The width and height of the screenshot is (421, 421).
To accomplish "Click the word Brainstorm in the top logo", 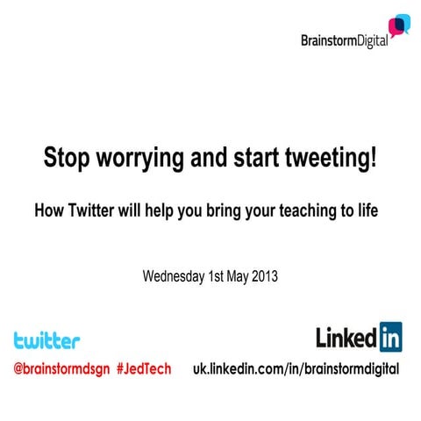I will pos(328,40).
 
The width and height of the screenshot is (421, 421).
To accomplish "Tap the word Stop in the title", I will pos(67,161).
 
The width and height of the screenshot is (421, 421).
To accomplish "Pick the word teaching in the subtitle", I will pos(314,211).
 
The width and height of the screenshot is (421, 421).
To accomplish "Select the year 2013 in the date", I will pos(262,276).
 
